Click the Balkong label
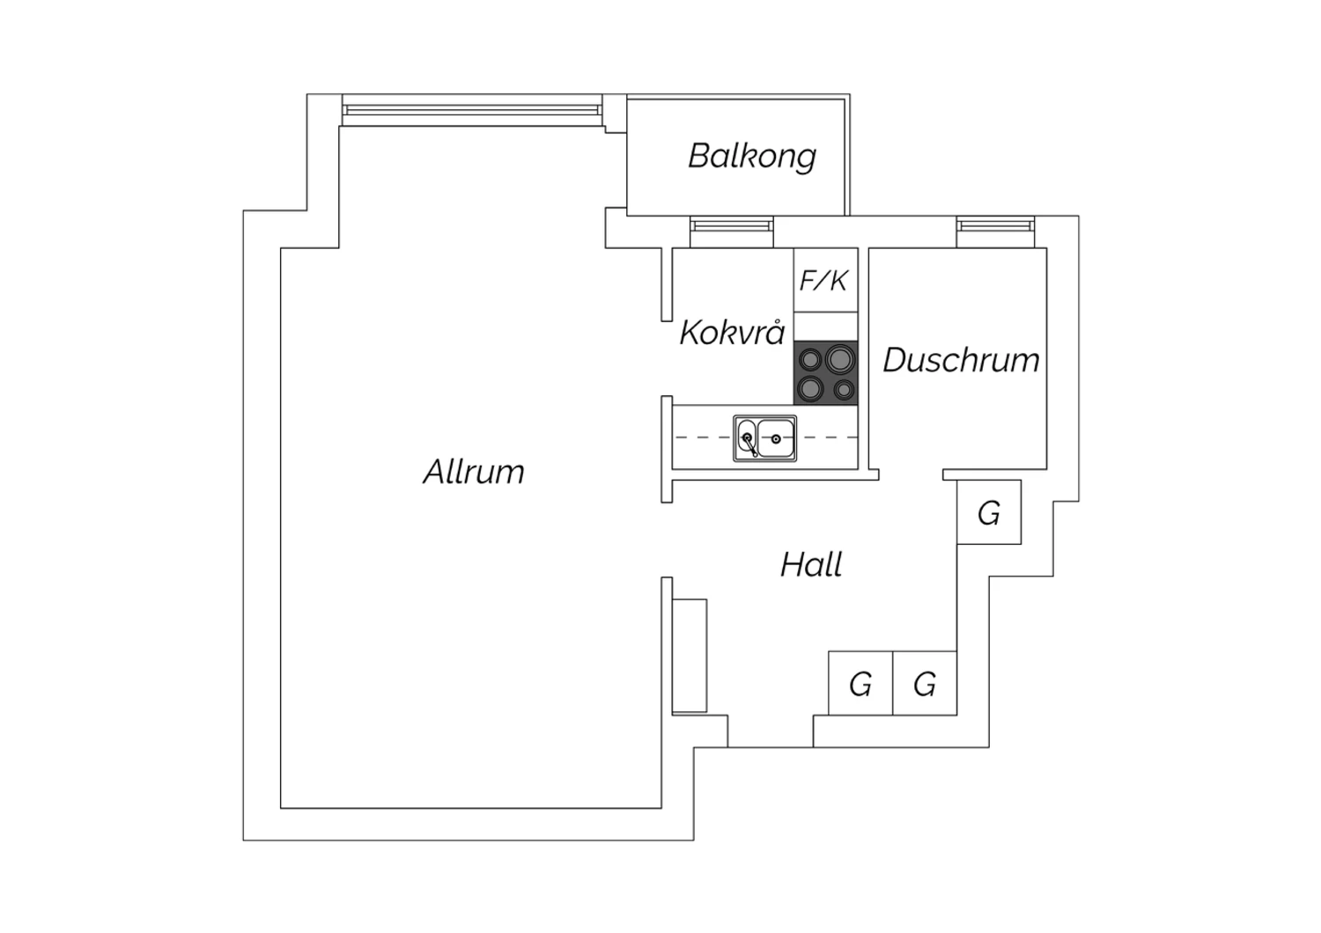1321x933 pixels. pos(751,156)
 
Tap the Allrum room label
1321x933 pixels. pos(474,473)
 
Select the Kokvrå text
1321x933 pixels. pos(732,333)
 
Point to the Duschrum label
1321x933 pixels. pos(961,360)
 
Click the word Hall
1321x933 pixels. pos(811,564)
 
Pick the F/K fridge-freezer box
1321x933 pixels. pos(825,280)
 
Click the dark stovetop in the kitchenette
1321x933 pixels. pos(825,373)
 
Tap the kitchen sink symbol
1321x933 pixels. pos(764,438)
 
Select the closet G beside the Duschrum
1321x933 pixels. pos(989,512)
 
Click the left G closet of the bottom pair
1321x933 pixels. pos(860,683)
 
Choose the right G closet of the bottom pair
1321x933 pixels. pos(925,683)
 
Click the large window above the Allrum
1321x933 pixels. pos(471,110)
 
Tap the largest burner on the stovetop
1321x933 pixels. pos(839,358)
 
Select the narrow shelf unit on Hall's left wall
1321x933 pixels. pos(690,655)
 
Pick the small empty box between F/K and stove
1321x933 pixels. pos(825,327)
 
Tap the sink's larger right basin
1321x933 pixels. pos(776,437)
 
